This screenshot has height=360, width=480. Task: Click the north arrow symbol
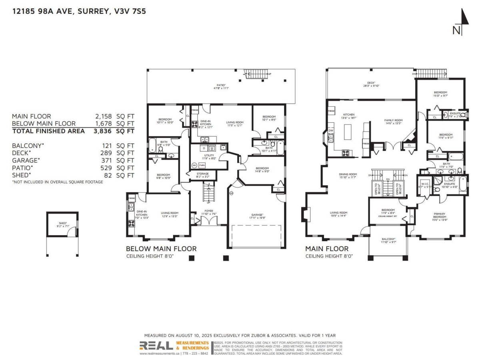click(463, 22)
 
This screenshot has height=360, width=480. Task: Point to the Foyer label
click(209, 212)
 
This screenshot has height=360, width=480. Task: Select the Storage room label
click(202, 175)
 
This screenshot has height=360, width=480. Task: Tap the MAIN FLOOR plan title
click(327, 249)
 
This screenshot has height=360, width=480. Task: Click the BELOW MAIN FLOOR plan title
click(161, 249)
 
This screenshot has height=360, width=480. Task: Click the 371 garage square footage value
click(105, 160)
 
